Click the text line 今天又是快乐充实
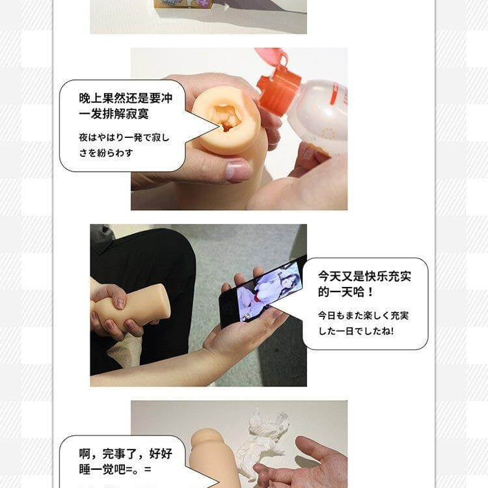coord(365,275)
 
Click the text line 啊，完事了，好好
coord(118,453)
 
